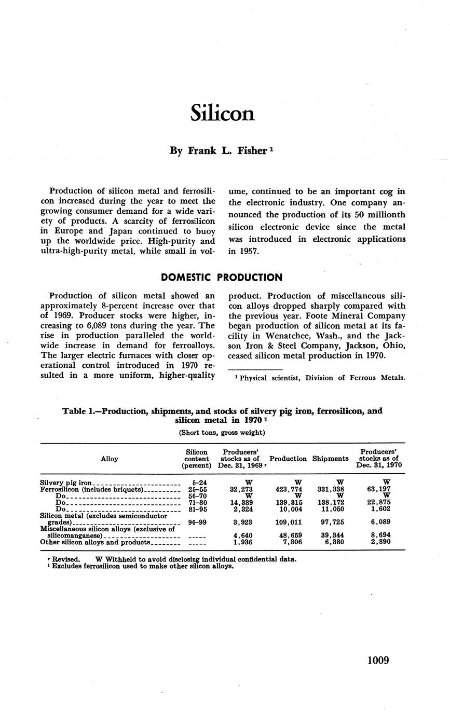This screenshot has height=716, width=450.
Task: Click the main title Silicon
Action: pyautogui.click(x=222, y=113)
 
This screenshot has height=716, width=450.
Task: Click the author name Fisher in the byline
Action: pyautogui.click(x=252, y=151)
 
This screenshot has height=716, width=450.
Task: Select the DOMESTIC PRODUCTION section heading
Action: pyautogui.click(x=222, y=278)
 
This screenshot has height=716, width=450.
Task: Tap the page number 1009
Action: pyautogui.click(x=378, y=660)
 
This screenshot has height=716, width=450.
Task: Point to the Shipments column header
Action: pyautogui.click(x=330, y=459)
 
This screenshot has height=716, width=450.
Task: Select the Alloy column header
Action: pyautogui.click(x=110, y=459)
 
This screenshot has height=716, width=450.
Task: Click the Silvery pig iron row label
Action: pyautogui.click(x=66, y=483)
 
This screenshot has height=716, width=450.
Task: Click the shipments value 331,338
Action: pyautogui.click(x=331, y=489)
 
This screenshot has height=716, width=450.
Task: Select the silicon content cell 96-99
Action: pyautogui.click(x=197, y=522)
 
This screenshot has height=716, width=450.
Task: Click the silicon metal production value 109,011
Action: pyautogui.click(x=289, y=522)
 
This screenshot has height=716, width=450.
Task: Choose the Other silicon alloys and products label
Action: pyautogui.click(x=95, y=542)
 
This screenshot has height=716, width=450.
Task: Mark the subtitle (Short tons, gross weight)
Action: pyautogui.click(x=222, y=432)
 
